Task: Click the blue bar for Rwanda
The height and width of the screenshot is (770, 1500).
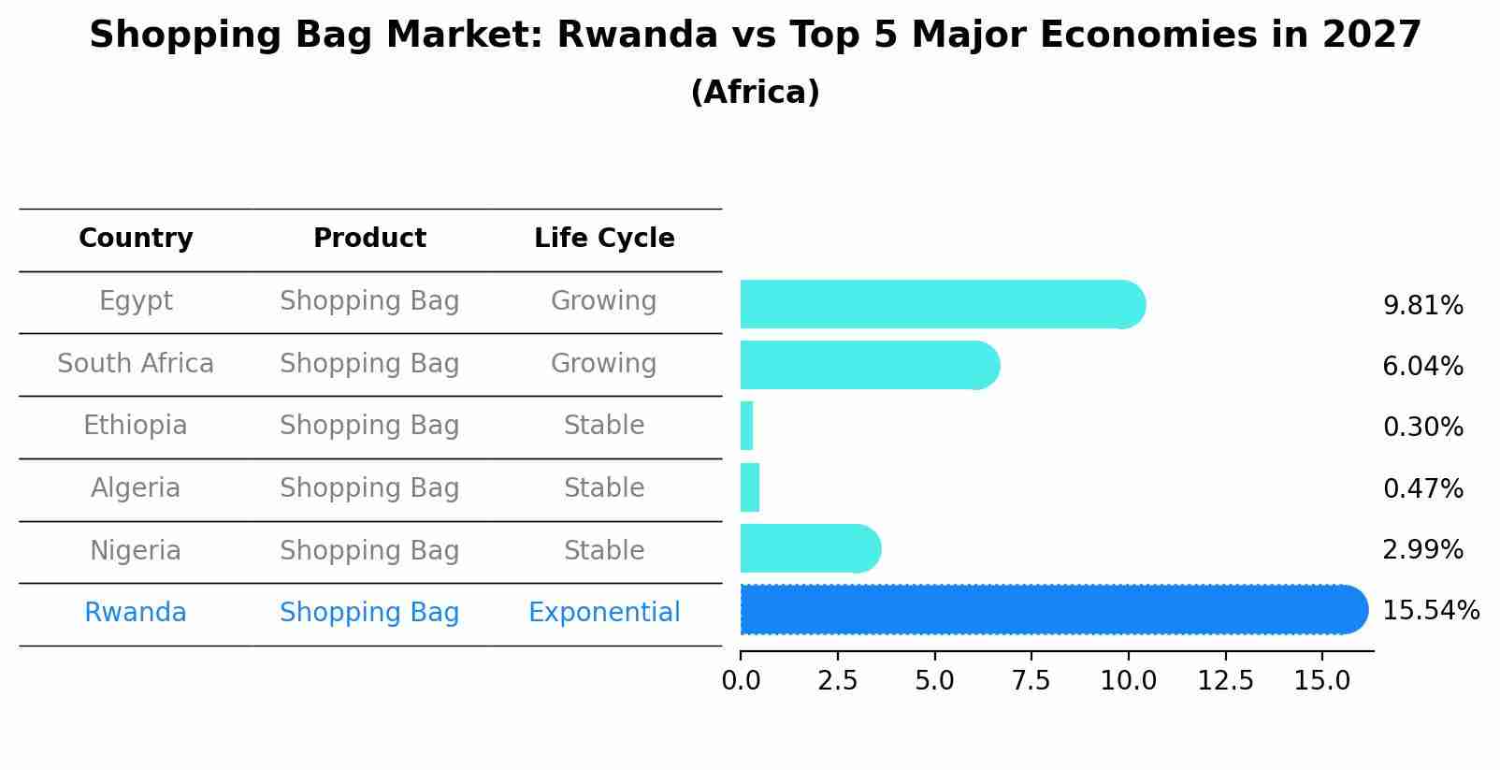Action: point(1054,609)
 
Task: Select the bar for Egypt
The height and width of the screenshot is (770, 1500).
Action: point(943,304)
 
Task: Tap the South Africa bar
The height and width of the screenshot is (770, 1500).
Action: point(870,365)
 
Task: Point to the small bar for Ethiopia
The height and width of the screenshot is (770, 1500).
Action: point(746,427)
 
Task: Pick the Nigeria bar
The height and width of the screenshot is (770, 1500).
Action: point(810,548)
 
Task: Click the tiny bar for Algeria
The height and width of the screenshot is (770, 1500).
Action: point(750,487)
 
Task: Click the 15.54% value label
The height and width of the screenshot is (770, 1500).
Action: point(1431,611)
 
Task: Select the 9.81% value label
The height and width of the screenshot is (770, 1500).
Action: point(1423,306)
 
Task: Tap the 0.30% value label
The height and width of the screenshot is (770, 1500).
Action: point(1423,427)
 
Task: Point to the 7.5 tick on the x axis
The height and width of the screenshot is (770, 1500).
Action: point(1031,680)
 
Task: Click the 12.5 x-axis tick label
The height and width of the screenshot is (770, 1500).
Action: point(1225,680)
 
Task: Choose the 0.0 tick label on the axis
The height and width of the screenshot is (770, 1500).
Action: point(741,680)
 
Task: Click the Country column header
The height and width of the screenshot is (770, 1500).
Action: point(136,239)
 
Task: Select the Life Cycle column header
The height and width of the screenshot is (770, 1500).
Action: point(604,238)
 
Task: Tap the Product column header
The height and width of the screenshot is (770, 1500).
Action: point(369,238)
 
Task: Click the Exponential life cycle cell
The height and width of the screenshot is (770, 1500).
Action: point(604,613)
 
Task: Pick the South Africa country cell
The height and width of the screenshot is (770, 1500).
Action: point(136,363)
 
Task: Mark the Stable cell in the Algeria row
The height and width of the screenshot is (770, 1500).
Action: point(604,487)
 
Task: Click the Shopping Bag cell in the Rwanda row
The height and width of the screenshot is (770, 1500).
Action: point(369,613)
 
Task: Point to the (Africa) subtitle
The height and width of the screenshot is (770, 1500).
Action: point(756,92)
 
